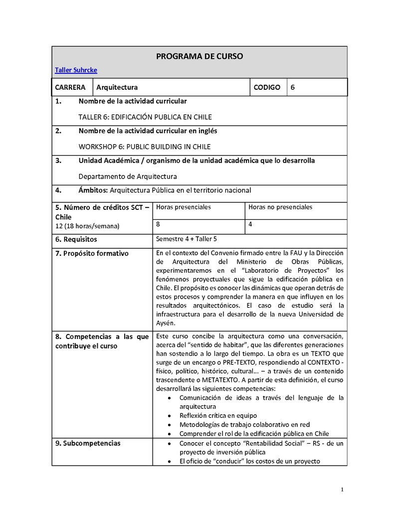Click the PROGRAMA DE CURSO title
[199, 56]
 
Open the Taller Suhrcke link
[76, 70]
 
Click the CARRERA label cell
[70, 87]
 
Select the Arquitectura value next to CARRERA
[117, 87]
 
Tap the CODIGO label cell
[267, 87]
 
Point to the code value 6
[293, 87]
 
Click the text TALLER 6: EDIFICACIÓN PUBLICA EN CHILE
[145, 117]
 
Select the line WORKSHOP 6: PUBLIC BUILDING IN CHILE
[145, 147]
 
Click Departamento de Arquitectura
[128, 176]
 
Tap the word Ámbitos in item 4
[93, 190]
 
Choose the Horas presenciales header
[184, 207]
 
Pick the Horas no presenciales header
[280, 207]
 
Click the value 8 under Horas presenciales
[158, 224]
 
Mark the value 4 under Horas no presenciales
[250, 224]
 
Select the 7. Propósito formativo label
[92, 253]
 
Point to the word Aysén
[166, 323]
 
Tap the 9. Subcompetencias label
[88, 443]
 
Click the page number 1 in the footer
[342, 490]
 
